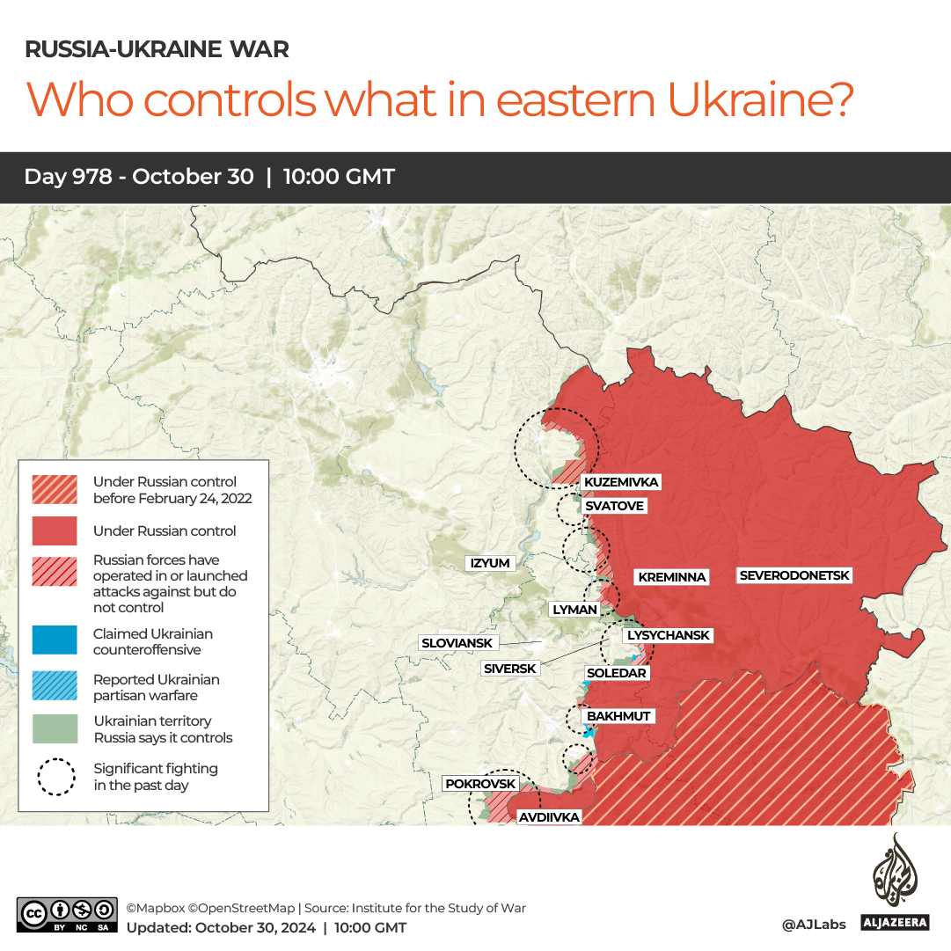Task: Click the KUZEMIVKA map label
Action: tap(621, 482)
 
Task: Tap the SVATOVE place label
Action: tap(614, 506)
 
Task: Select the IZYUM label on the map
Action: tap(490, 563)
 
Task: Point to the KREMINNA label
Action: tap(672, 577)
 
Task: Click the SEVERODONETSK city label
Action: tap(794, 575)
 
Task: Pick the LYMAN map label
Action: tap(574, 609)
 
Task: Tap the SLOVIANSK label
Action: tap(457, 643)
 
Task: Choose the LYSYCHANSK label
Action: tap(667, 635)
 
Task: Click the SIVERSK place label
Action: tap(509, 669)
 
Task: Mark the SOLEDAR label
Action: tap(616, 673)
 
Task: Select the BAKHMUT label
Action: tap(618, 716)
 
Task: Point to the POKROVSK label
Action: tap(480, 783)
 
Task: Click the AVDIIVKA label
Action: tap(549, 817)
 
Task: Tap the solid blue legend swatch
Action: tap(54, 641)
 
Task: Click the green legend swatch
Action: tap(54, 729)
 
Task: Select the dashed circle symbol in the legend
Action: tap(55, 776)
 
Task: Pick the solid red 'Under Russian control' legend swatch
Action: tap(54, 531)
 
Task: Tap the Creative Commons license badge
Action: tap(67, 915)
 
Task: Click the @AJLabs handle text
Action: tap(813, 924)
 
